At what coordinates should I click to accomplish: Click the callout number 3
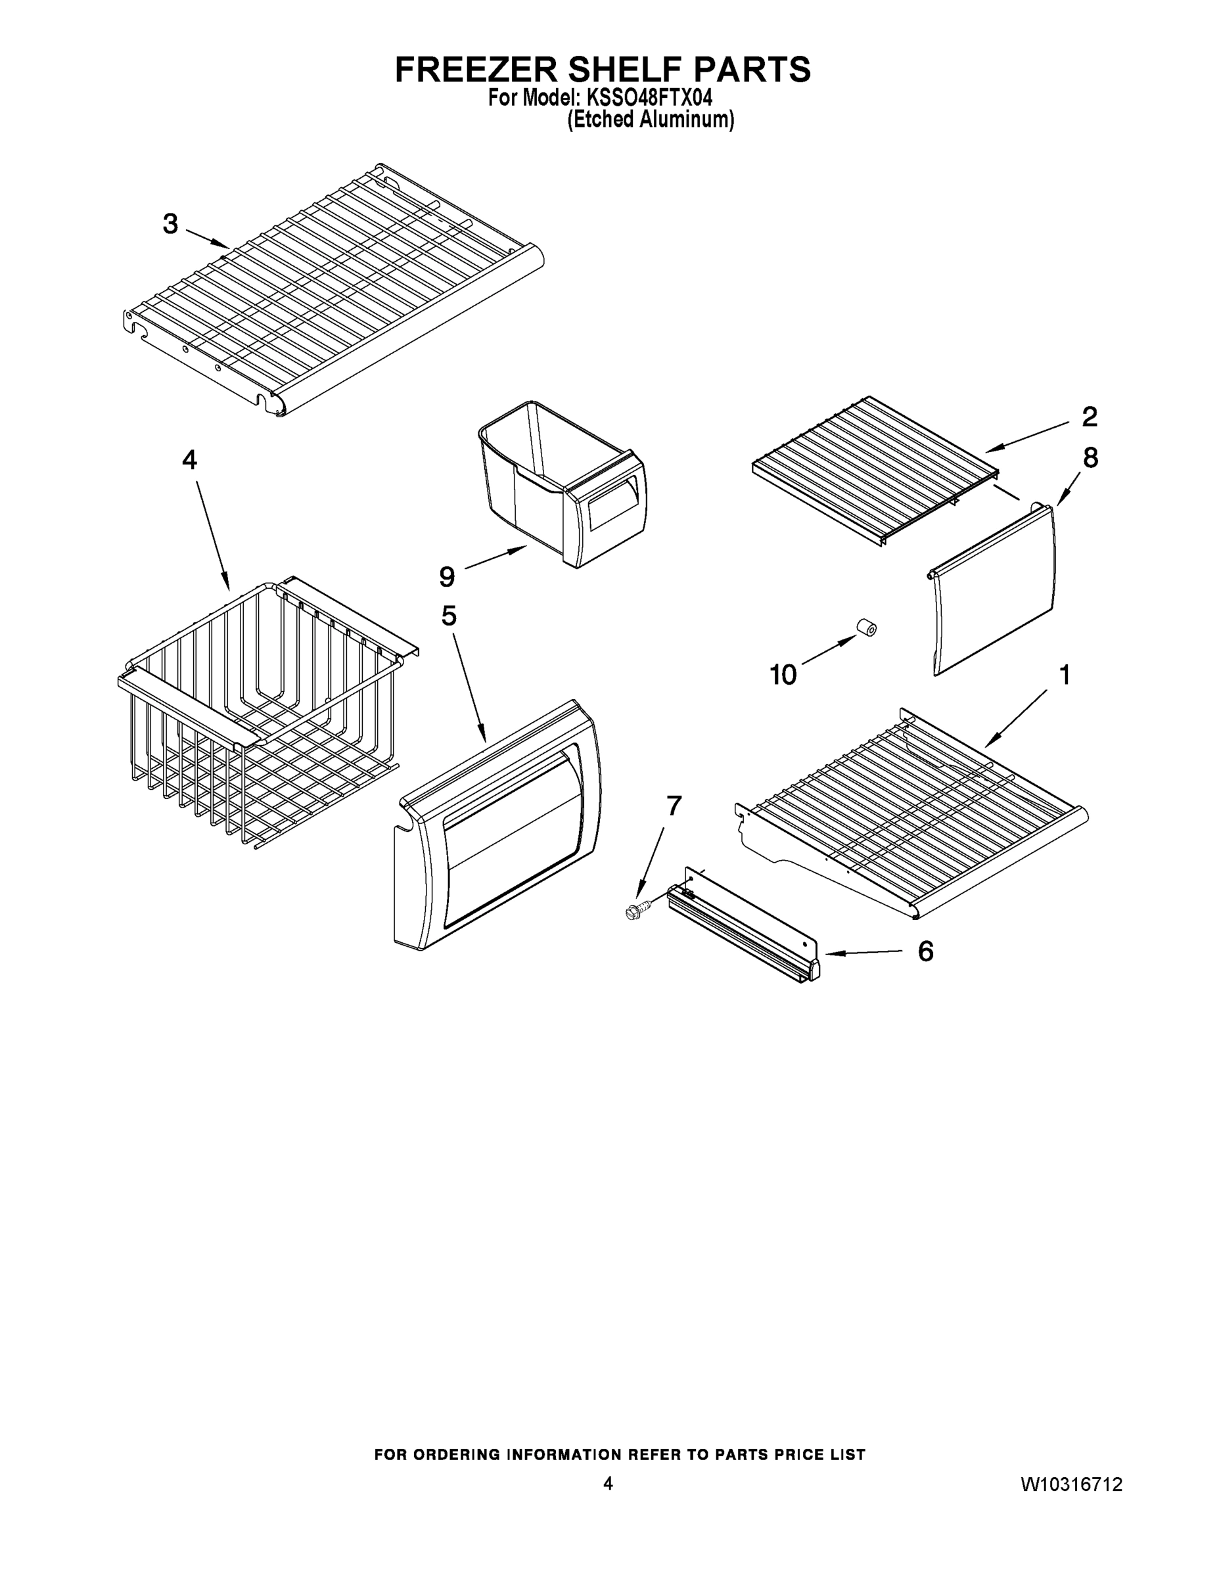coord(170,224)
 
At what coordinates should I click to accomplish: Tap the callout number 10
coord(783,674)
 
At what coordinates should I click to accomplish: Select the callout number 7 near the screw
coord(673,805)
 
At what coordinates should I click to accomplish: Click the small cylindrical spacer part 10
coord(866,628)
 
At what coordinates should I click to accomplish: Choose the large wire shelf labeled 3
coord(333,289)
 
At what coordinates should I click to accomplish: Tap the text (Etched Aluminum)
coord(650,119)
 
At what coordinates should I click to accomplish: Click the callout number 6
coord(925,951)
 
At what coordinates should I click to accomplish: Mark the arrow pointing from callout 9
coord(495,558)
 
